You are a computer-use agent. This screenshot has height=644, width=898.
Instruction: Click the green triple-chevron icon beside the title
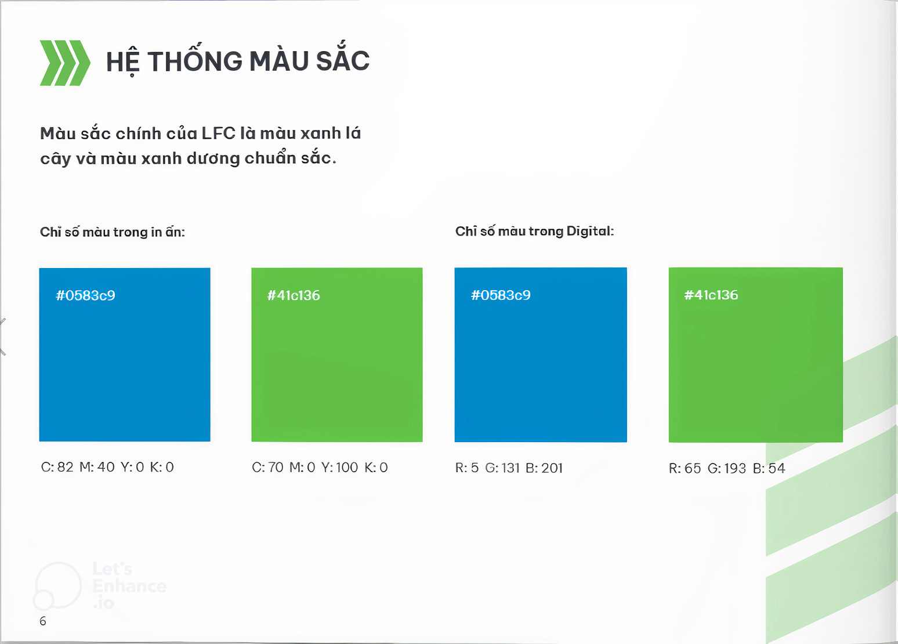[65, 63]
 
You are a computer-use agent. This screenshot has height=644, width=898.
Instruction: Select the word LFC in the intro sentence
[218, 133]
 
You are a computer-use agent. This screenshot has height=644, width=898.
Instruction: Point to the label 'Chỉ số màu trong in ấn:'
[113, 231]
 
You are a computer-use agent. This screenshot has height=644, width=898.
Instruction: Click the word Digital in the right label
[590, 231]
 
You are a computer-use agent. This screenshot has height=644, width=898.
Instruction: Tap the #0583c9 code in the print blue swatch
[85, 295]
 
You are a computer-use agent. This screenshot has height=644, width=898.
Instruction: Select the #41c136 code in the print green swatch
[294, 295]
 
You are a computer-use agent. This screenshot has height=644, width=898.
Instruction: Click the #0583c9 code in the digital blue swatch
[501, 295]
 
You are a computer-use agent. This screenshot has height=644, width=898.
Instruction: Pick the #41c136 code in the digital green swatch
[711, 295]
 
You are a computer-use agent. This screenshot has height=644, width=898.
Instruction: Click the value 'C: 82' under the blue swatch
[57, 467]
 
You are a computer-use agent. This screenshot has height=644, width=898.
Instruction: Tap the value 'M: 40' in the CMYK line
[97, 467]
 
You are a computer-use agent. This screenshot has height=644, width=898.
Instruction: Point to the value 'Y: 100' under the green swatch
[339, 467]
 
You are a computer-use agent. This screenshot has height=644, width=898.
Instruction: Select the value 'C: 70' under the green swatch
[267, 467]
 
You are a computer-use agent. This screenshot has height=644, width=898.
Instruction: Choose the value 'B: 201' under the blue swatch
[544, 468]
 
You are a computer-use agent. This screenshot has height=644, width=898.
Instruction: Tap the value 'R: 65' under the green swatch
[685, 468]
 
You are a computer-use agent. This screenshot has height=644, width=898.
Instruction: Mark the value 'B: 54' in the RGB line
[769, 468]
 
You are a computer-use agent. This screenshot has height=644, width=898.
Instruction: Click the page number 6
[43, 621]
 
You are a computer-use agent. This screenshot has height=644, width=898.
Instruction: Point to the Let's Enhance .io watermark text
[129, 586]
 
